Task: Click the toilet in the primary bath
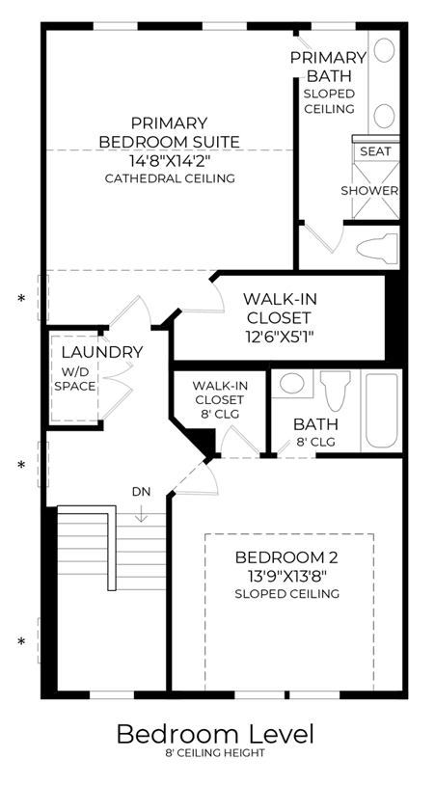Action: point(377,248)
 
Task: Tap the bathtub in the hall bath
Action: point(382,411)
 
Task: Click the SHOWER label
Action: point(369,191)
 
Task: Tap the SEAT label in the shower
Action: point(376,151)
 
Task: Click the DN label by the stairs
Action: point(142,492)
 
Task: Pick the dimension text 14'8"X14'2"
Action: point(169,161)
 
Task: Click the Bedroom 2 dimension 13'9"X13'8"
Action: point(286,576)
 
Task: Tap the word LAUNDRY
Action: point(102,352)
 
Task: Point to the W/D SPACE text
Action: point(75,379)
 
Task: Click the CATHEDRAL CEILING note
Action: point(170,178)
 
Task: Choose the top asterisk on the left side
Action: point(21,299)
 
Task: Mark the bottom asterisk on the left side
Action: point(21,641)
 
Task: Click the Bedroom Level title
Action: point(215,734)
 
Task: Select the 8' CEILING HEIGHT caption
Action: point(215,753)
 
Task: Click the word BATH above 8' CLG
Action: point(315,424)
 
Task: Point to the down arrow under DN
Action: point(142,512)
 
